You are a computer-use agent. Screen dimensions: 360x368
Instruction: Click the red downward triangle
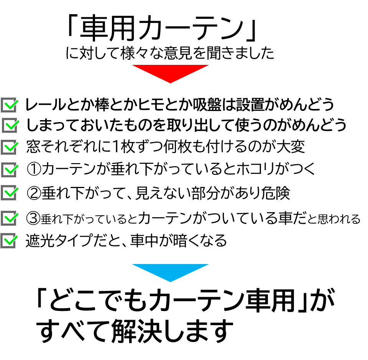point(170,72)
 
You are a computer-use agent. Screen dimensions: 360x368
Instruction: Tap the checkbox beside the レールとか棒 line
point(10,105)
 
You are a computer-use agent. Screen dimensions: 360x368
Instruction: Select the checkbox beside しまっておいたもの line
point(11,126)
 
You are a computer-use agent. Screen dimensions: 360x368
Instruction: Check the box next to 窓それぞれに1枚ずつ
point(10,147)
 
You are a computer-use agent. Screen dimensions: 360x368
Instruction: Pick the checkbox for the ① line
point(10,169)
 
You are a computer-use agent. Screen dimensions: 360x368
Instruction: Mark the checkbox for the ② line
point(10,192)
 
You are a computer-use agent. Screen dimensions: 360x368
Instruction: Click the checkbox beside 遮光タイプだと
point(10,241)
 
